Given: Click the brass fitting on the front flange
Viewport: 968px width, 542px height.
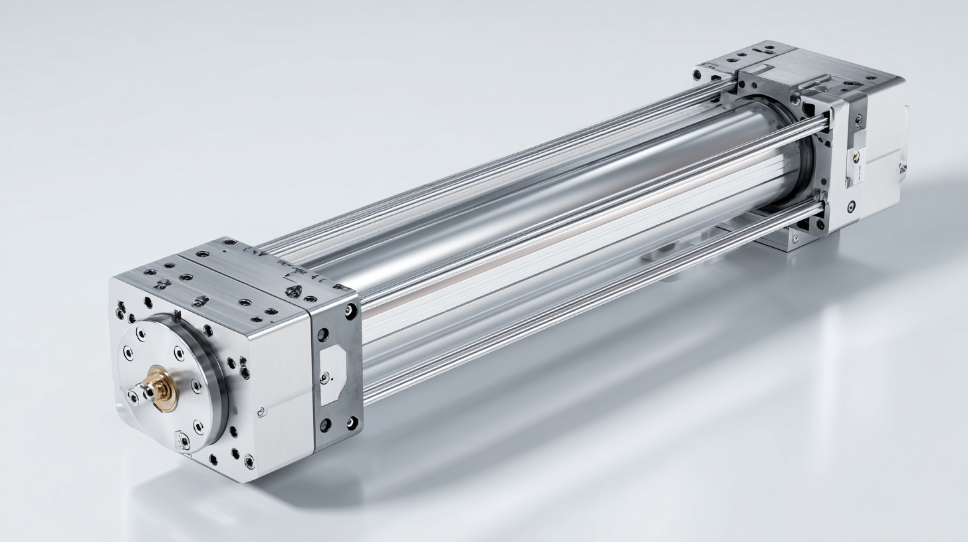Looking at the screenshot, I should coord(160,387).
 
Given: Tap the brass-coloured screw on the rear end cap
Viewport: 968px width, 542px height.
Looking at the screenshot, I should coord(856,158).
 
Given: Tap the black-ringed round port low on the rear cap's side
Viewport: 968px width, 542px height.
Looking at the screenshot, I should coord(851,205).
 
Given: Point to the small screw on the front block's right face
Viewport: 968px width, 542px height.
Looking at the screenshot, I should coord(261,412).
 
